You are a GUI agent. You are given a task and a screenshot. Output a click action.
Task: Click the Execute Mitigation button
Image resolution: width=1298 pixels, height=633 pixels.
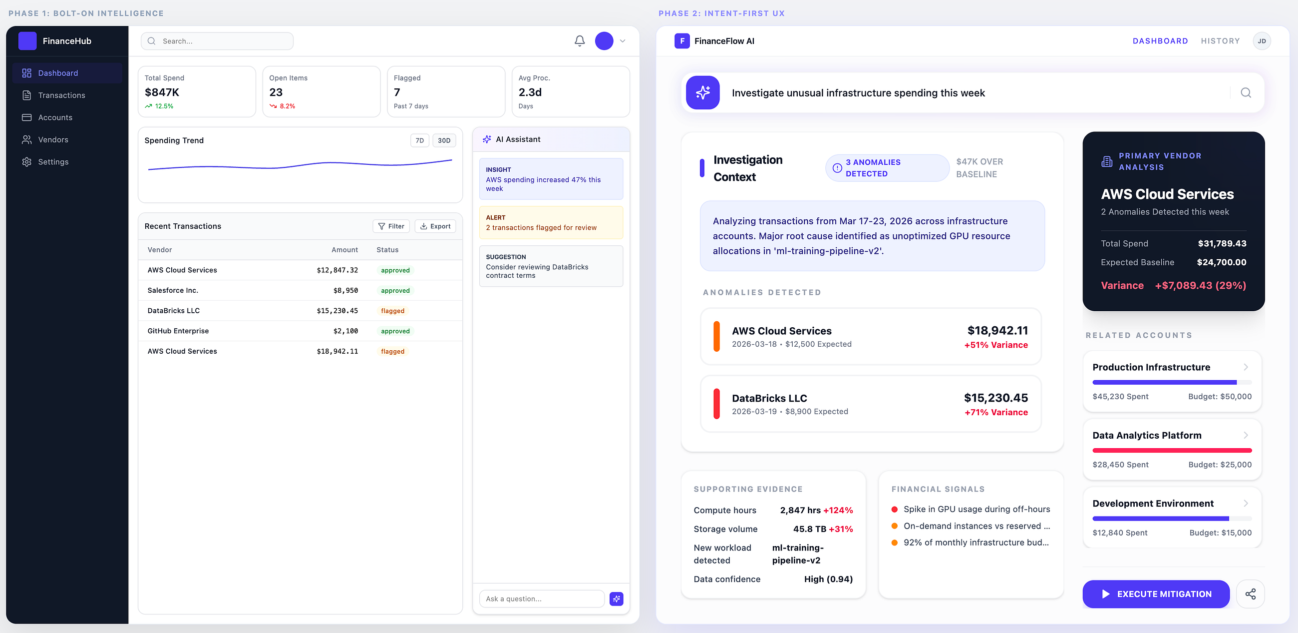click(1156, 594)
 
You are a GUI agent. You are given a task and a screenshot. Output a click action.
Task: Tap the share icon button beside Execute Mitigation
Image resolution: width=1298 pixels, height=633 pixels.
click(1250, 594)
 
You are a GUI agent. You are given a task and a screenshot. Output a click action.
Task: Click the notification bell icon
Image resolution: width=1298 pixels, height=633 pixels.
click(580, 41)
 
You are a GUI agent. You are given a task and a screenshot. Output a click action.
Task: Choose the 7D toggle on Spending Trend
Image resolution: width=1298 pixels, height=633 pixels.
click(420, 141)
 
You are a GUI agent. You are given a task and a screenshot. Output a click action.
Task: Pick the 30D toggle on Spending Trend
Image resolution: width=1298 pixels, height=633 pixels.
click(444, 141)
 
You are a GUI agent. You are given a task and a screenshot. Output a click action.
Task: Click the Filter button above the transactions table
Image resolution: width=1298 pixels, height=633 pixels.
click(391, 226)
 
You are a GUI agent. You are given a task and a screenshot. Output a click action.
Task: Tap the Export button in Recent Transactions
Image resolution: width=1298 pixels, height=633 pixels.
click(435, 226)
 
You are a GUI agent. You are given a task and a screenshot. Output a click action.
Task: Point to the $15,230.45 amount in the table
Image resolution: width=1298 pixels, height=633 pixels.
click(337, 311)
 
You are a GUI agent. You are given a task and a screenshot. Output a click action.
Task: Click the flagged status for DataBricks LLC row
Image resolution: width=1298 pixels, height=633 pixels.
click(392, 311)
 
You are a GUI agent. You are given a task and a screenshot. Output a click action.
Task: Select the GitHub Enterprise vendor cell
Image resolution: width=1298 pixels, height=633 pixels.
click(178, 331)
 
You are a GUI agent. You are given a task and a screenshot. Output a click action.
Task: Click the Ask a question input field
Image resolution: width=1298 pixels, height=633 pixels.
click(542, 599)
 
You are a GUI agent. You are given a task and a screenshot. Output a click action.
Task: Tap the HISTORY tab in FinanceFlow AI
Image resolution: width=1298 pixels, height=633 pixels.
click(1220, 41)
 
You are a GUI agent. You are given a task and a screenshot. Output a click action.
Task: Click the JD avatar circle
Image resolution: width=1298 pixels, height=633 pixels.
click(1261, 41)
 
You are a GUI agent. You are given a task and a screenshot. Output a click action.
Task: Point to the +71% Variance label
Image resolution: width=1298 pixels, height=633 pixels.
click(996, 412)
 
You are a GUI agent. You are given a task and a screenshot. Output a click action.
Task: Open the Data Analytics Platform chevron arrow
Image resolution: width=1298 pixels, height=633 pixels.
click(1246, 435)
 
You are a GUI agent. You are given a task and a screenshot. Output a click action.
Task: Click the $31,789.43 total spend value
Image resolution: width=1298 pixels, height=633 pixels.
click(1222, 244)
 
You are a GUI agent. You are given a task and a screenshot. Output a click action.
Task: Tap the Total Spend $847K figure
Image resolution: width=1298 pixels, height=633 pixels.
click(162, 92)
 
